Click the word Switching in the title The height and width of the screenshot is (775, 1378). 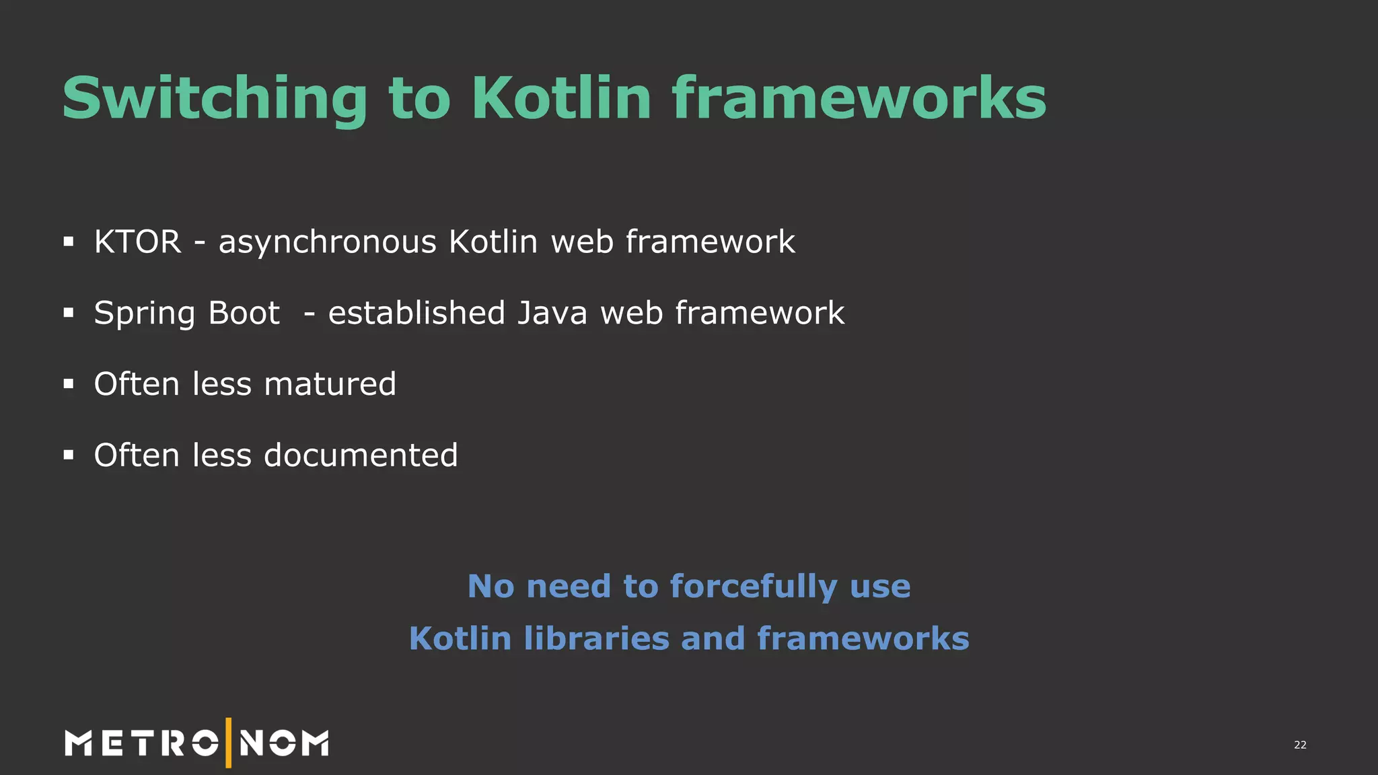point(215,99)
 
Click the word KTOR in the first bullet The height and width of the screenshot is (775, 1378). point(138,242)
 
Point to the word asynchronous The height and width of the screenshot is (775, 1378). point(328,242)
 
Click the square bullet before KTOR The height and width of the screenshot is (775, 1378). point(68,242)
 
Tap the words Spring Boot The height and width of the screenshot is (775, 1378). point(186,313)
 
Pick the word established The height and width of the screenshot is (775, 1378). point(416,313)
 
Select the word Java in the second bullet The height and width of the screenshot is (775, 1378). point(552,313)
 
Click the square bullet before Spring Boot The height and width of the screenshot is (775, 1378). point(68,313)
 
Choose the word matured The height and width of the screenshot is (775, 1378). point(330,384)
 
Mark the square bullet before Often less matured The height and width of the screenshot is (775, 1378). point(68,384)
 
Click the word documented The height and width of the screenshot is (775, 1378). point(361,455)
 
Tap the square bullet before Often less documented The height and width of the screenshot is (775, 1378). point(68,455)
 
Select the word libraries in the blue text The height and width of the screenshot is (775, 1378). point(596,638)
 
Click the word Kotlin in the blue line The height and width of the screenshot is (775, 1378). point(460,638)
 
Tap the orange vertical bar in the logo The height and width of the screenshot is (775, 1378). point(229,743)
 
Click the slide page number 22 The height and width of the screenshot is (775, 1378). point(1300,745)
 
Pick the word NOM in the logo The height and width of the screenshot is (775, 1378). point(284,743)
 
